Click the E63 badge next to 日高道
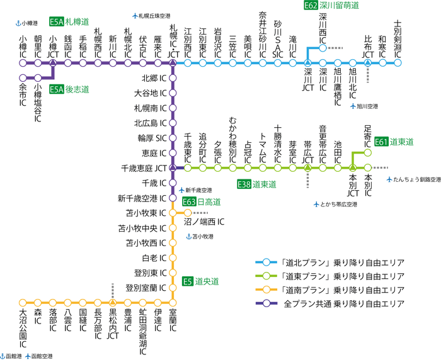(x=189, y=201)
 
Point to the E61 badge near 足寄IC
(x=381, y=142)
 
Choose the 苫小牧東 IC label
(x=146, y=213)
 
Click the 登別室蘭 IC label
(x=146, y=288)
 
